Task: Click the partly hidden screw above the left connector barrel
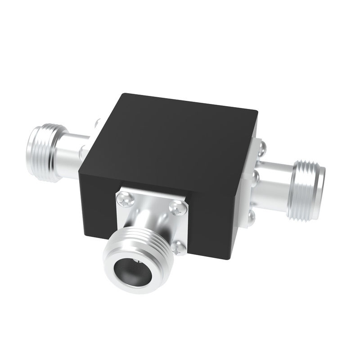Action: click(97, 122)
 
